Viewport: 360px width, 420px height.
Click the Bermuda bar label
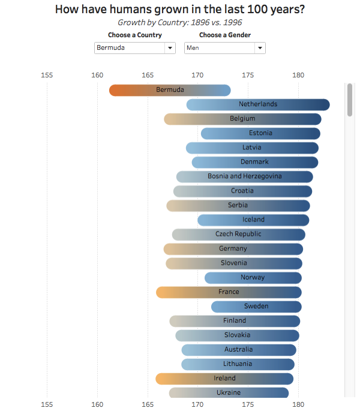coord(170,90)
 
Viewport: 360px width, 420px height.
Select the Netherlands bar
coord(258,104)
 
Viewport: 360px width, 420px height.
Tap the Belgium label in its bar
coord(242,119)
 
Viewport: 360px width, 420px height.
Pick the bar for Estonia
coord(260,133)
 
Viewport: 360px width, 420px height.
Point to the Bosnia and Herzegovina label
coord(245,176)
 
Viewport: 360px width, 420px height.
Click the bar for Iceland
coord(253,220)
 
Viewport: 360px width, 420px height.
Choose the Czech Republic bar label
coord(238,234)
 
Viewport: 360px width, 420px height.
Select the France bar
coord(229,292)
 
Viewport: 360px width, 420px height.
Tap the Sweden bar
coord(256,306)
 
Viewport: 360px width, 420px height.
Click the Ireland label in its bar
coord(224,378)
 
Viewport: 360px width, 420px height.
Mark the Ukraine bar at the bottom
coord(229,392)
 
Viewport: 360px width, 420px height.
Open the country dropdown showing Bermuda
coord(134,48)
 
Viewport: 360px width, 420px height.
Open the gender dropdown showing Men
coord(224,48)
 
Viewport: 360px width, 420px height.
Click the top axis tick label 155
coord(47,75)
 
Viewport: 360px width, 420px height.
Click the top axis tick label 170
coord(197,75)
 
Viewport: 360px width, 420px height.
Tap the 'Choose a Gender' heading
coord(225,35)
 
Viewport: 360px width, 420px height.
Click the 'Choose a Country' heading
coord(135,35)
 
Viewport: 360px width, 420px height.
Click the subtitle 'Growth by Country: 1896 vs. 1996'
coord(180,22)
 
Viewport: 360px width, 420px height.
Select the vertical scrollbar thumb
coord(350,101)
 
